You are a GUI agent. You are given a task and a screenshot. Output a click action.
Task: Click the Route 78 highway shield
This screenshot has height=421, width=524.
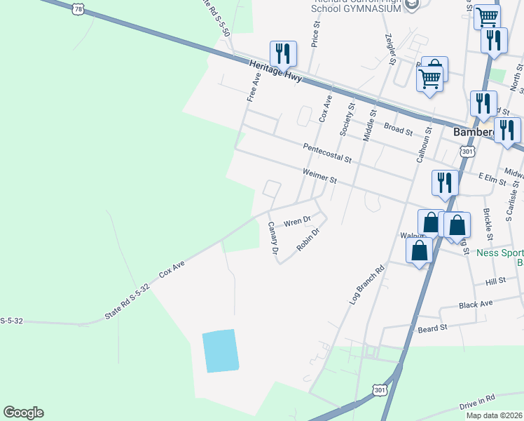(78, 9)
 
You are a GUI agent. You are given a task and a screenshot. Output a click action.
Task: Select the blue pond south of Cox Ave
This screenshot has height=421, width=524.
(220, 351)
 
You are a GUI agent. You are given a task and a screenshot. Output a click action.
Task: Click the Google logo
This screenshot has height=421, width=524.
(23, 413)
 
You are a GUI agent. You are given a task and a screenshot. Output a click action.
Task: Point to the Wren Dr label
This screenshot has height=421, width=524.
(297, 222)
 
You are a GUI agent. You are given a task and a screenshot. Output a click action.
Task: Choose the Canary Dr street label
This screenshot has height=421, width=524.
(273, 238)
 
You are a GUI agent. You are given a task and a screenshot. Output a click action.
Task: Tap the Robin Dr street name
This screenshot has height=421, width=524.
(308, 239)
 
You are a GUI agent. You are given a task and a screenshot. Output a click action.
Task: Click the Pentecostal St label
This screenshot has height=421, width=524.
(327, 153)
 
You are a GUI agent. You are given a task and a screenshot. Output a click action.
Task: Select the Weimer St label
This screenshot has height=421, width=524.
(320, 175)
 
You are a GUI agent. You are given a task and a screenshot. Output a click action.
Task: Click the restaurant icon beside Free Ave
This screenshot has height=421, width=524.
(283, 53)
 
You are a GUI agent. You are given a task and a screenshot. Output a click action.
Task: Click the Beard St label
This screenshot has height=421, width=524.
(432, 328)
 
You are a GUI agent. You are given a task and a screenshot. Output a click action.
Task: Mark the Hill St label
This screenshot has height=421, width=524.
(495, 281)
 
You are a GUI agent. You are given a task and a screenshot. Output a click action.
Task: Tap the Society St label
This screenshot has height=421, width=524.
(347, 119)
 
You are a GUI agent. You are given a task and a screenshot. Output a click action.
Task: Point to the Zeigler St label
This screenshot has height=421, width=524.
(391, 49)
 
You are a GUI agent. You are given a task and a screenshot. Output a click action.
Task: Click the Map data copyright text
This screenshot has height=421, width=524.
(495, 415)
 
